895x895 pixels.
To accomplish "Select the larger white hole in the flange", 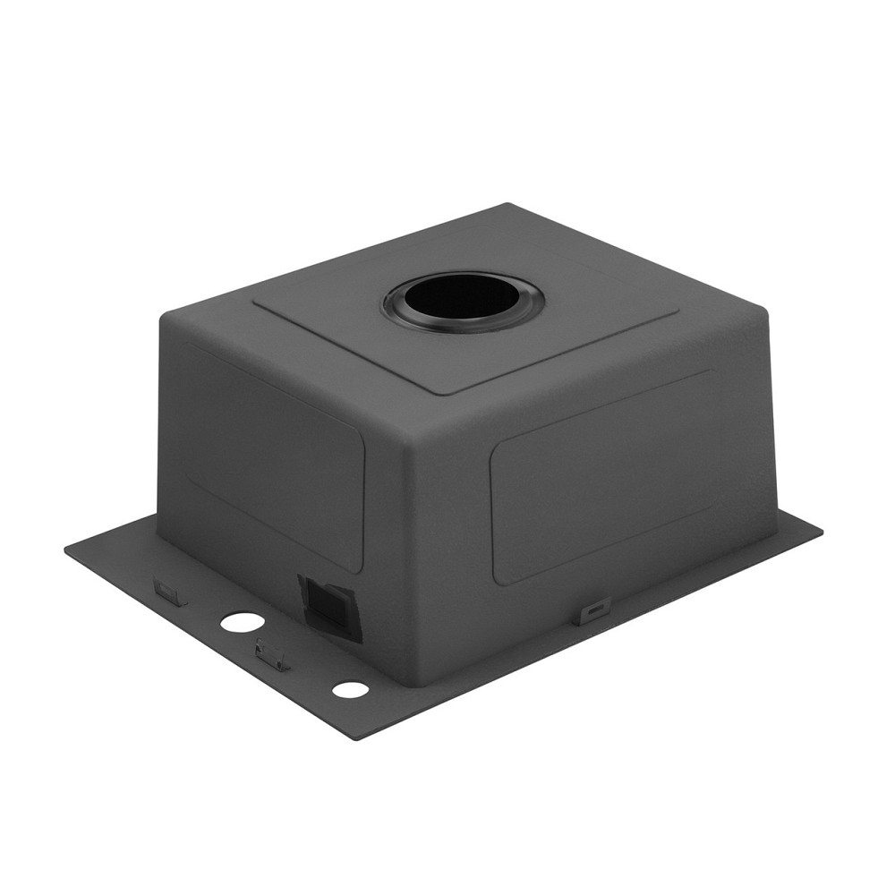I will pyautogui.click(x=238, y=622).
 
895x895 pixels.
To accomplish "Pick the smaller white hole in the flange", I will pyautogui.click(x=350, y=689).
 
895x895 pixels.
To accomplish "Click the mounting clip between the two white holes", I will pyautogui.click(x=272, y=655).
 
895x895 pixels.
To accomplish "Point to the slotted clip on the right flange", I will pyautogui.click(x=594, y=611).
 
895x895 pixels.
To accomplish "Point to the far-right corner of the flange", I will pyautogui.click(x=821, y=529).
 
